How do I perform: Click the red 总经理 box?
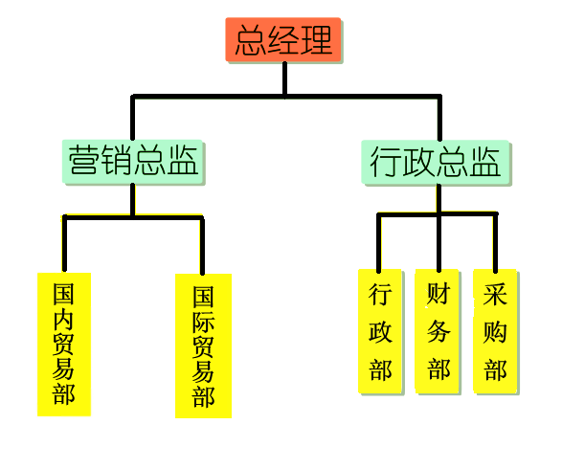tap(283, 39)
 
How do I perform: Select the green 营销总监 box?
tap(133, 162)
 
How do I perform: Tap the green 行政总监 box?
tap(435, 163)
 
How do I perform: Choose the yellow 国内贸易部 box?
tap(64, 345)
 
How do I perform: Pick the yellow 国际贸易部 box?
tap(203, 346)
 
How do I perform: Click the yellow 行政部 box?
tap(380, 331)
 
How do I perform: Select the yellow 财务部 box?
tap(437, 331)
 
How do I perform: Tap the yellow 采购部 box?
tap(495, 331)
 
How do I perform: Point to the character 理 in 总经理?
tap(317, 40)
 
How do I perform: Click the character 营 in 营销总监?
tap(83, 160)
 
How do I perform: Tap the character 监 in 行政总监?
tap(485, 162)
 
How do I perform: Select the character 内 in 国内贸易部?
tap(63, 319)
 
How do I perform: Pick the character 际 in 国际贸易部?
tap(203, 322)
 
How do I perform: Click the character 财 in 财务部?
tap(438, 294)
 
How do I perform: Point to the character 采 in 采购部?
tap(495, 294)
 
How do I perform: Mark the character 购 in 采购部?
tap(495, 332)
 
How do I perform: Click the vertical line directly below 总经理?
tap(284, 79)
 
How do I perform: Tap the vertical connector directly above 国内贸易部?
tap(64, 244)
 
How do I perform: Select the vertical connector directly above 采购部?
tap(495, 242)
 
